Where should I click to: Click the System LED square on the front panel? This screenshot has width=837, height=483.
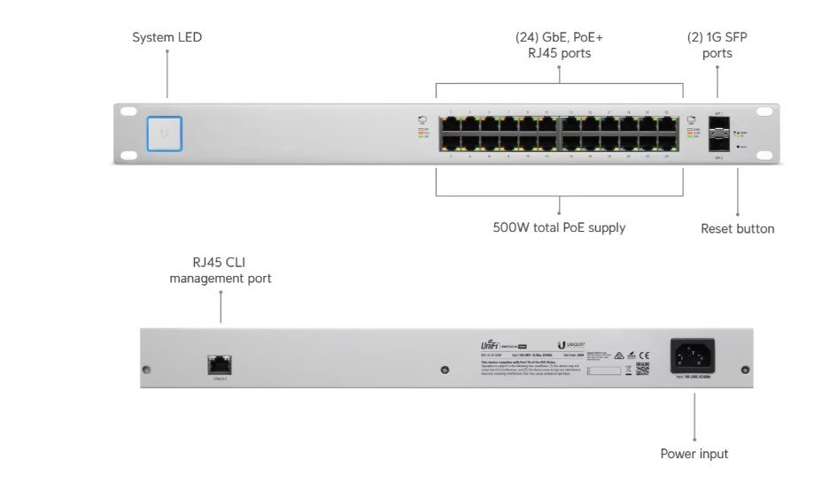(165, 134)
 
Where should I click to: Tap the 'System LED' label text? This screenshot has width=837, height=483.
(167, 37)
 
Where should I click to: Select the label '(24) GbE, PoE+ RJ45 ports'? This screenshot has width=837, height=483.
(559, 45)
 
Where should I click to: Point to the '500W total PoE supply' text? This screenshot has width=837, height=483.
(559, 227)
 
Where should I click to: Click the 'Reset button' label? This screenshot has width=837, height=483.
(737, 229)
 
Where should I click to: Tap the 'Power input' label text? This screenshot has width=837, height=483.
(694, 454)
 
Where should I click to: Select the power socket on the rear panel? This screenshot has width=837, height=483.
(694, 356)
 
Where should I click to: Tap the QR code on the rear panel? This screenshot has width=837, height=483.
(642, 367)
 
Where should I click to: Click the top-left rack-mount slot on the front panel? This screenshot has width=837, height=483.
(129, 112)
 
